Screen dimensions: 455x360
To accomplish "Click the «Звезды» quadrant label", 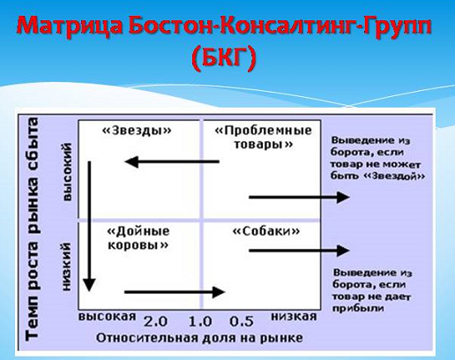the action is coord(137,130).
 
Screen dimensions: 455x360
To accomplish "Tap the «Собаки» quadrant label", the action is coord(266,231).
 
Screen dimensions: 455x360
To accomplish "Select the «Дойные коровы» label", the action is coord(138,238).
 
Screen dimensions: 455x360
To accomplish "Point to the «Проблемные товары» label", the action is coord(264,137).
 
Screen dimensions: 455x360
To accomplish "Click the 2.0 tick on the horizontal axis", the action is coord(155,321).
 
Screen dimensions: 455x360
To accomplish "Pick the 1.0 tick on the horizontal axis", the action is coord(200,321).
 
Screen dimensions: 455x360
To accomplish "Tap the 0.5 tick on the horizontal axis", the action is coord(242,321).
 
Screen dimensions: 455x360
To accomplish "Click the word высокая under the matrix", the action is coord(108,317).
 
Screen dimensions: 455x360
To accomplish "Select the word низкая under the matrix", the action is coord(294,317).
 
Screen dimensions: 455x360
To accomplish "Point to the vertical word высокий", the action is coord(67,172).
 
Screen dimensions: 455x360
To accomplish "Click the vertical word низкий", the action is coord(67,266).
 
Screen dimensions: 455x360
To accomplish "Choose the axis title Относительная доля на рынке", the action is coord(199,338).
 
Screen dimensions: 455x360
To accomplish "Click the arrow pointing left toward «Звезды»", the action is coord(172,161).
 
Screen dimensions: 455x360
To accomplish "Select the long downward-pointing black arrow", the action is coord(89,227).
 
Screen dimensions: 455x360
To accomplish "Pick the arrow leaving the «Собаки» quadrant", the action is coord(299,251).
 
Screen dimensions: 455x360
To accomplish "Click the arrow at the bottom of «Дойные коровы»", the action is coord(175,292).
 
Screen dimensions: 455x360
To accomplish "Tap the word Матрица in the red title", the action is coord(71,26).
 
